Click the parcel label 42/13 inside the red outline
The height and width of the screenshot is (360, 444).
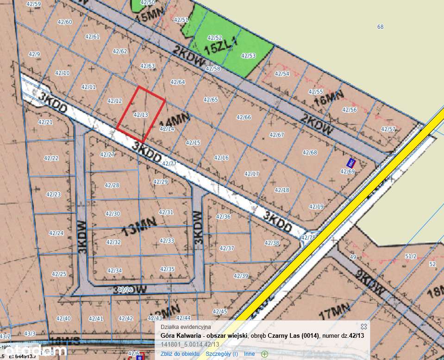[140, 114]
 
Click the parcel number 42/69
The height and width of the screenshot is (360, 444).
[347, 171]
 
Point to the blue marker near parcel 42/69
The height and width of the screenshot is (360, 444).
[351, 162]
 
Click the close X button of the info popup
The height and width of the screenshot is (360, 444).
[363, 327]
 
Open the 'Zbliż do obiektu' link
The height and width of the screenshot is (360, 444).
[180, 354]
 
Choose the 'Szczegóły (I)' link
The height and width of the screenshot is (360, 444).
[222, 354]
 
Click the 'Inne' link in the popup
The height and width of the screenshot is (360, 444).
[249, 354]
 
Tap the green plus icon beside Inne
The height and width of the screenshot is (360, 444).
[264, 354]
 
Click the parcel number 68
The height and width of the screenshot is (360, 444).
[380, 27]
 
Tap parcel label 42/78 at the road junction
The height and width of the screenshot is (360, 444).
[308, 238]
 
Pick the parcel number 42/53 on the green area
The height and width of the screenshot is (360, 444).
[248, 56]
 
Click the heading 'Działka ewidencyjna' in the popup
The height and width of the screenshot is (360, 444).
[185, 327]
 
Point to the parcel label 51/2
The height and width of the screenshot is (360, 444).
[411, 256]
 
